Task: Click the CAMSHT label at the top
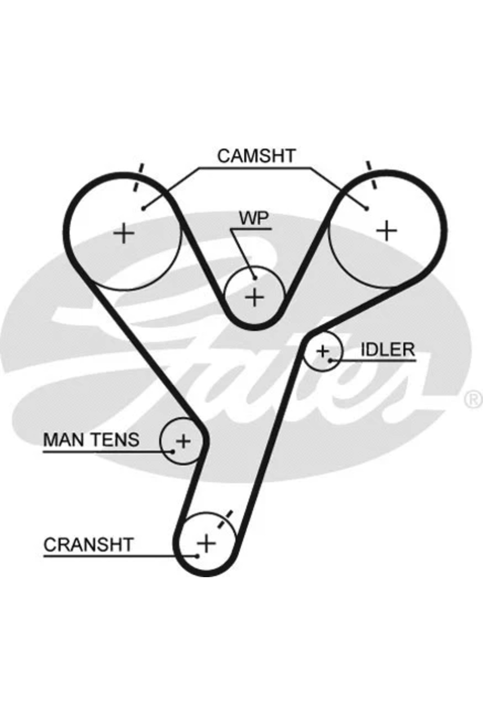tap(256, 156)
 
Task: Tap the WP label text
tap(254, 218)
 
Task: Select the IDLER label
tap(388, 350)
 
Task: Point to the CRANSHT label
tap(88, 545)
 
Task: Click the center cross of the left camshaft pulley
tap(124, 233)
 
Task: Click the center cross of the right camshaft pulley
tap(386, 231)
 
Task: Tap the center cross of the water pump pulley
tap(254, 298)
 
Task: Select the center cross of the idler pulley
tap(322, 352)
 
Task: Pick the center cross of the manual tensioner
tap(183, 441)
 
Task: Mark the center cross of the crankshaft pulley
tap(206, 544)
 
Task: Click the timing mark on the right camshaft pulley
tap(372, 175)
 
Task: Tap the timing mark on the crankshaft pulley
tap(225, 519)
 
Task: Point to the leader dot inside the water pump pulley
tap(255, 278)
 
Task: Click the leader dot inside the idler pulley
tap(330, 360)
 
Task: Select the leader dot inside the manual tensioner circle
tap(173, 451)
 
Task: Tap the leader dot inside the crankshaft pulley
tap(197, 556)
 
